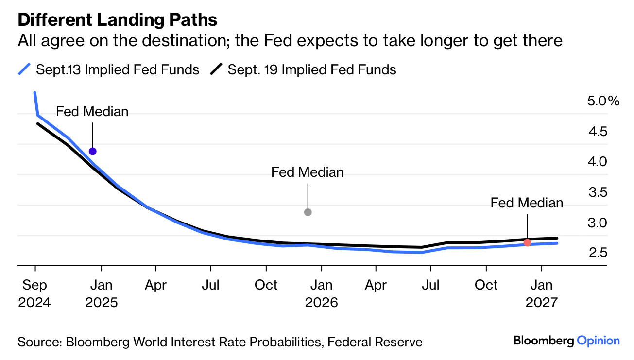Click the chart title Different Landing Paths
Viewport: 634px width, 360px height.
coord(117,20)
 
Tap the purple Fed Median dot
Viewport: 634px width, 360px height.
coord(92,151)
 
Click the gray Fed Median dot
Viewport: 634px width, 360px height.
coord(308,212)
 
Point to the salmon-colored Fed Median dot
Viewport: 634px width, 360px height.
coord(527,242)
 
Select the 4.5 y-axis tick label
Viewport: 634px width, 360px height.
coord(597,132)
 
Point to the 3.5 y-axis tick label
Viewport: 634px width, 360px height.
coord(597,192)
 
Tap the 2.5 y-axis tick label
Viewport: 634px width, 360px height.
coord(597,253)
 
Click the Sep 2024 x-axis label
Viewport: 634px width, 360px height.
coord(34,293)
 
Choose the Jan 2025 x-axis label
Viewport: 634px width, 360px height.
coord(101,293)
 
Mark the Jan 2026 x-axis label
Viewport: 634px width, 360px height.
coord(321,293)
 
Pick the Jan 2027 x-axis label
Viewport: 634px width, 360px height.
coord(541,293)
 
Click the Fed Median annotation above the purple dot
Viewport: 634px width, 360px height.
coord(92,111)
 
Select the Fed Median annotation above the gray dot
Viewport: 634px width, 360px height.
coord(308,172)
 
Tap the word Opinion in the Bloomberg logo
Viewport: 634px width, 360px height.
coord(599,341)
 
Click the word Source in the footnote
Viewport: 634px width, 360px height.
coord(38,342)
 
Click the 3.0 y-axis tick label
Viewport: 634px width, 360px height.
coord(597,223)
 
